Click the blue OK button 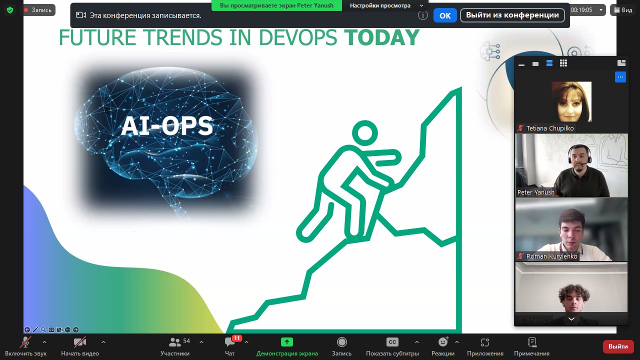coord(445,15)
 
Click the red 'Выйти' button coord(617,346)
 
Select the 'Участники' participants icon coord(175,342)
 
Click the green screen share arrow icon coord(287,342)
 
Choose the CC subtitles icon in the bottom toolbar coord(392,342)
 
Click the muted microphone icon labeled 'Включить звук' coord(25,342)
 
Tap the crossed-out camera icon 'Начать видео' coord(80,342)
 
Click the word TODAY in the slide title coord(381,37)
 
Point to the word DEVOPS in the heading coord(298,37)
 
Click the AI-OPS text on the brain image coord(167,125)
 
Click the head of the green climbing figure coord(365,133)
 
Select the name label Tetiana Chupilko coord(550,128)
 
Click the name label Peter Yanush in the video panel coord(535,192)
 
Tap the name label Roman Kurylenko coord(551,256)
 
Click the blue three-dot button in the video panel coord(620,77)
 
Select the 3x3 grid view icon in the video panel coord(563,63)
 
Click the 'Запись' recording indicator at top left coord(38,10)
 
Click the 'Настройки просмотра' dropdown coord(386,5)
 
